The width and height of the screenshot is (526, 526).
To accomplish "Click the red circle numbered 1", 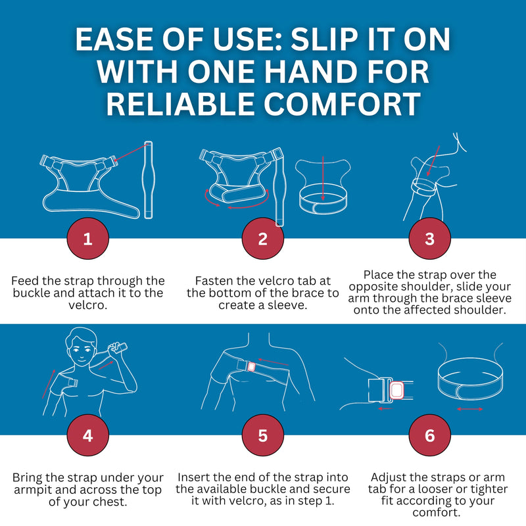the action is point(88,239).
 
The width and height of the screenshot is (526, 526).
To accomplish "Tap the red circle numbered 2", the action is point(262,239).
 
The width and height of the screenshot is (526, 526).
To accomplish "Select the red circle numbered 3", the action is point(430,239).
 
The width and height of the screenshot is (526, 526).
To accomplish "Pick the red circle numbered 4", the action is point(88,435).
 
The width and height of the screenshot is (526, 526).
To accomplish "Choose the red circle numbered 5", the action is point(262,435).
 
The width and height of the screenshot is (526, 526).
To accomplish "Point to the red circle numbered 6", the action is point(430,435).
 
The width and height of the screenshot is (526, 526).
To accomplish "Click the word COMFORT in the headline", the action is point(342,103).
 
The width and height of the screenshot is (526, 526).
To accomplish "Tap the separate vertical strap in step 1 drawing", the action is point(148,179).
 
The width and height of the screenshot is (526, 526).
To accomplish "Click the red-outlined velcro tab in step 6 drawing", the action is point(397,390).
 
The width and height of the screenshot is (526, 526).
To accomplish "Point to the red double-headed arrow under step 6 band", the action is point(469,409).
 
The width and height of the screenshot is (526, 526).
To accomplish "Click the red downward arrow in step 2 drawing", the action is point(323,178).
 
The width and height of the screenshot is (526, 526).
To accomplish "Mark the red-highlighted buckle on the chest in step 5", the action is point(251,367).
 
